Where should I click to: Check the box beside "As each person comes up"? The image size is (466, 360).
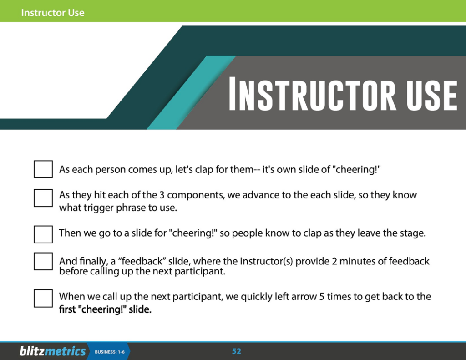tap(43, 169)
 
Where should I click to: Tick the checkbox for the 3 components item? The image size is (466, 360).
tap(43, 198)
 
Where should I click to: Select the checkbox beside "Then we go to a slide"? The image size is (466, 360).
tap(43, 234)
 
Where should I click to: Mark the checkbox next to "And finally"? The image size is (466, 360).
tap(43, 261)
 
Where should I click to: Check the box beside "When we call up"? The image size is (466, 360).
tap(43, 299)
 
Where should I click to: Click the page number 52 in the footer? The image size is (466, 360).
tap(237, 351)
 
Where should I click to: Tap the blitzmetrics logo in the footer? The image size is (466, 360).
tap(53, 351)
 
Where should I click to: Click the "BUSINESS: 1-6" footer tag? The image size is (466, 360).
tap(110, 352)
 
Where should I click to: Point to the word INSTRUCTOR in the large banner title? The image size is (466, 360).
tap(312, 94)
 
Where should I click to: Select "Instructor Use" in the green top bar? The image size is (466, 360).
tap(53, 12)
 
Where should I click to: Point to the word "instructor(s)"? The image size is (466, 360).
tap(266, 261)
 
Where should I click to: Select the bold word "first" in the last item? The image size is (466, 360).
tap(67, 309)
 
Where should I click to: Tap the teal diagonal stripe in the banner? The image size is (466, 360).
tap(192, 92)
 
